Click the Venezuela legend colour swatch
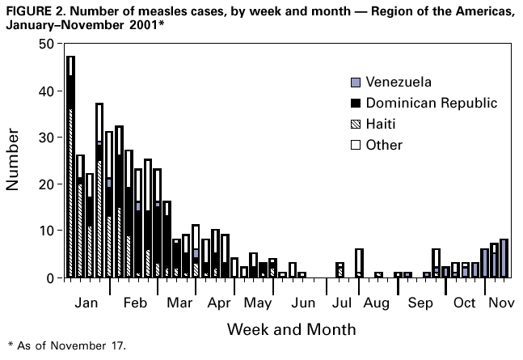[355, 83]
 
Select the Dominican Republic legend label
[431, 104]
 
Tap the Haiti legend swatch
[355, 125]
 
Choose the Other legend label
[384, 146]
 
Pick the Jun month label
[303, 303]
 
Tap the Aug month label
[376, 303]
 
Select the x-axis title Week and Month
[290, 330]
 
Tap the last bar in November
[504, 258]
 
